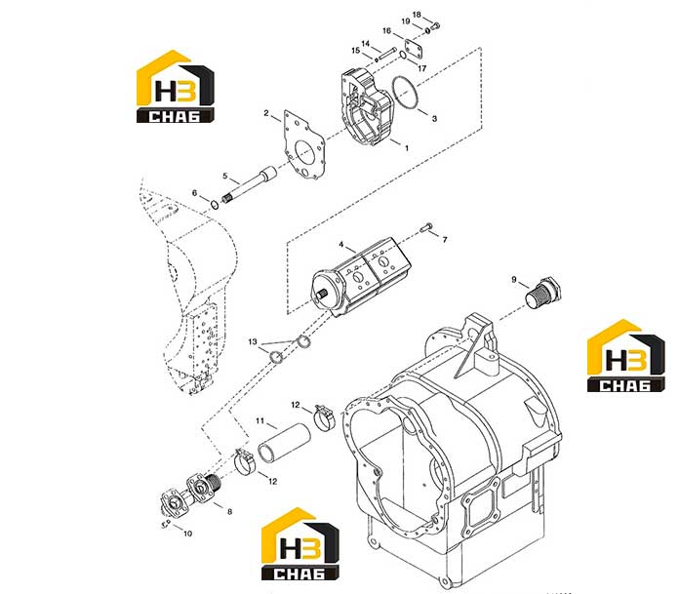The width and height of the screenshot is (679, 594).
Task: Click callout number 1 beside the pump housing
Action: point(407,148)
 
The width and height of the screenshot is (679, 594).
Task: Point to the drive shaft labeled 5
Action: point(251,185)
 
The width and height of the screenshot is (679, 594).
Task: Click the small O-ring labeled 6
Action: point(215,205)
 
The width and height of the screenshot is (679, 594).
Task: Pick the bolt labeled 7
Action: point(426,227)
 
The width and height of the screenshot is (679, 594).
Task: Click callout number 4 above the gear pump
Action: point(341,245)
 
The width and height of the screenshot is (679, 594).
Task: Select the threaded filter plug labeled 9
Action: point(543,294)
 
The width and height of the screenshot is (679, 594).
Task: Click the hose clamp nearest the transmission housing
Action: point(325,417)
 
